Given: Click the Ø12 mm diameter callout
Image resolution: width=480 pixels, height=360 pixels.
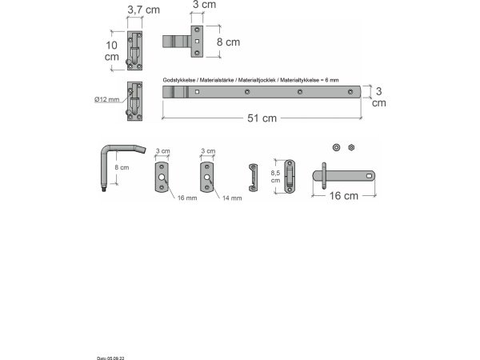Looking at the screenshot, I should click(x=106, y=99).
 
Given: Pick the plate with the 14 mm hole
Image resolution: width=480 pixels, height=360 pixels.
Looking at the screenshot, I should click(x=207, y=177).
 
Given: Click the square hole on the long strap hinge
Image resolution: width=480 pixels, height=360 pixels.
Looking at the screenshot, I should click(x=196, y=93).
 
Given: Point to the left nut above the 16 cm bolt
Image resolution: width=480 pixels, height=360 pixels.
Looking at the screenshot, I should click(x=336, y=147).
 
